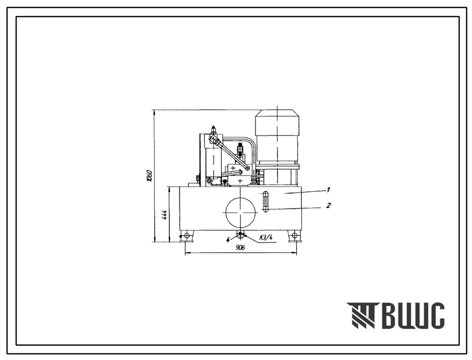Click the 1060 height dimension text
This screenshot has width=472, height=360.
click(149, 176)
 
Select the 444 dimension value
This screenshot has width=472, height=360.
click(165, 215)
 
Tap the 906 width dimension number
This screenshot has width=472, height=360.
click(240, 247)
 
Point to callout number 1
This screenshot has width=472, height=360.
click(328, 190)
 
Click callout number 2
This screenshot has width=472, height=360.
click(328, 205)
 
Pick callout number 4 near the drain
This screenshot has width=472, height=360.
click(228, 239)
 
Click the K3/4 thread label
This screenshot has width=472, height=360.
click(266, 237)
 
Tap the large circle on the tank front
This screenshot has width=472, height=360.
click(240, 212)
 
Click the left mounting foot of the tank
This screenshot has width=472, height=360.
click(186, 236)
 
